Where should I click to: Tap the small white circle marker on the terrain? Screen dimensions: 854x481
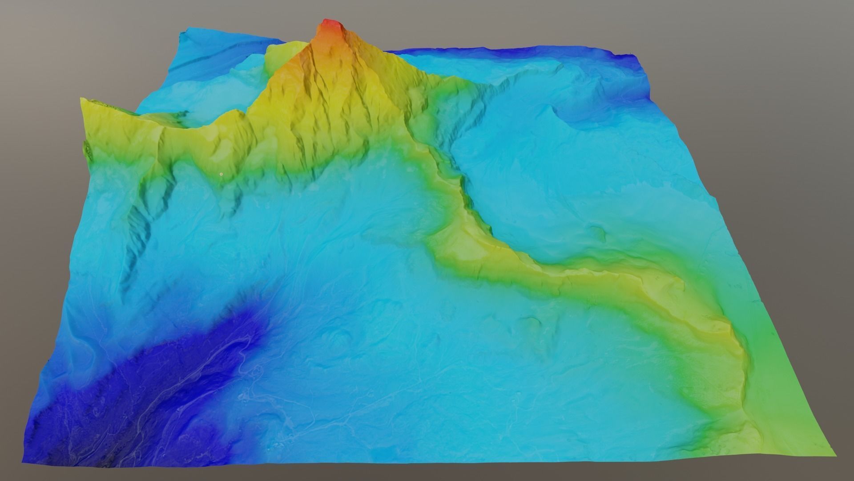(x=221, y=174)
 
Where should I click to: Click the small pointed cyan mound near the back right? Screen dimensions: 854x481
(x=554, y=109)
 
